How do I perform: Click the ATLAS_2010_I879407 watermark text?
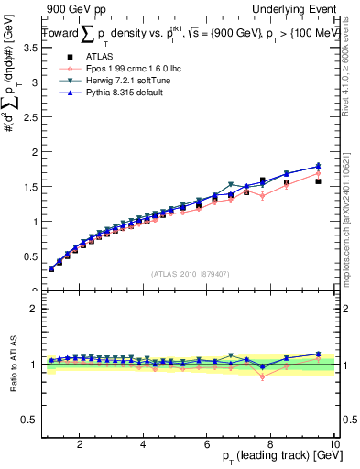coord(188,273)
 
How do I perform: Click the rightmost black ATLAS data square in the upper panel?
coord(318,181)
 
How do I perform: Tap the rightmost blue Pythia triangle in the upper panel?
coord(318,166)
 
